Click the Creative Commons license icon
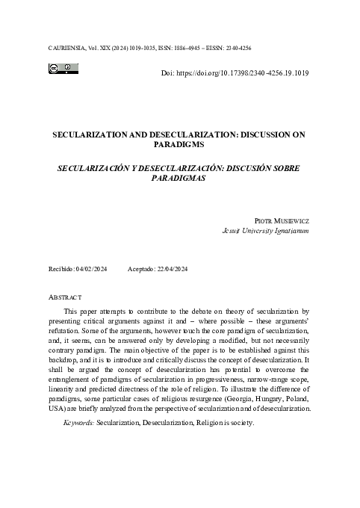coord(64,69)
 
